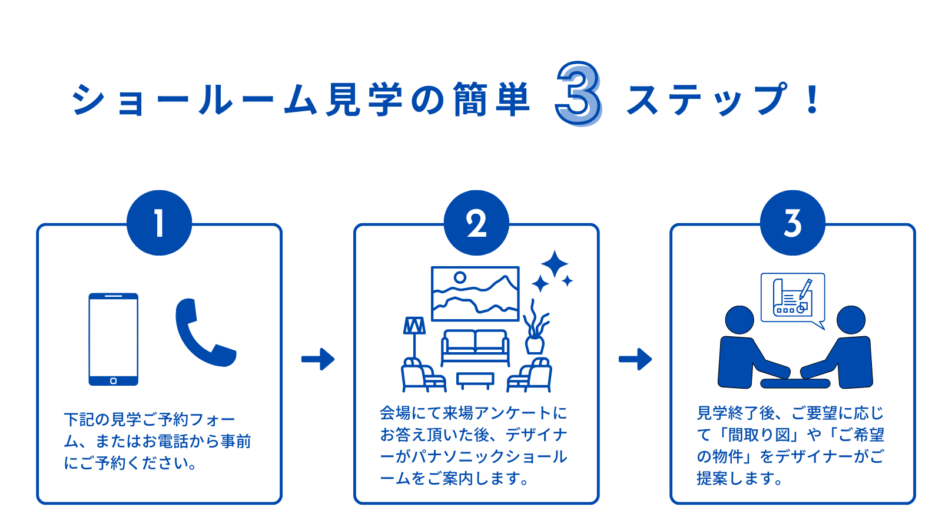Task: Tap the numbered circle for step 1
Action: [159, 223]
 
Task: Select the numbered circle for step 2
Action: [476, 223]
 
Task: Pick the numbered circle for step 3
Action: [792, 223]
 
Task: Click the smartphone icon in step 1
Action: [114, 339]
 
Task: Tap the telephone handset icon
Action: [204, 333]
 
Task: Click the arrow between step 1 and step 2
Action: [318, 359]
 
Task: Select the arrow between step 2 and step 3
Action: [635, 359]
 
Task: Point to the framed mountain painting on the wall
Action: [475, 293]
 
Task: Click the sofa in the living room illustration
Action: [475, 347]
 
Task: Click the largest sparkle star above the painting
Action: [554, 264]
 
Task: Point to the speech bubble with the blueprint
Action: [792, 298]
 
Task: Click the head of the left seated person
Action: [739, 320]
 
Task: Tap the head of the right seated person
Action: [851, 320]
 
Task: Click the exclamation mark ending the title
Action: [813, 100]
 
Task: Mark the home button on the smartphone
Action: [114, 381]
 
